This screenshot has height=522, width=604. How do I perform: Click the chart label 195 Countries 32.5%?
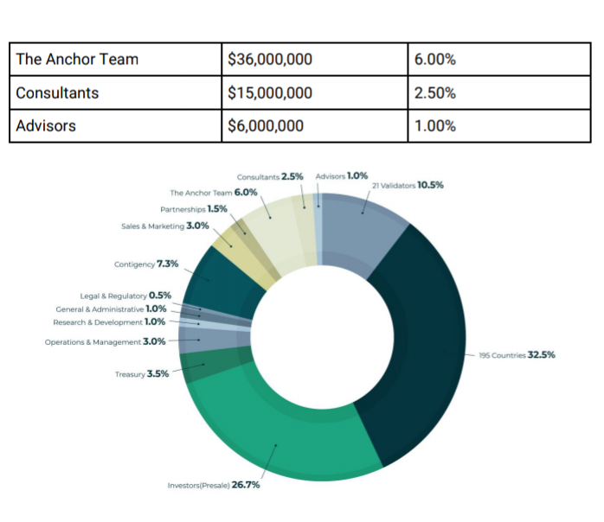[x=517, y=354]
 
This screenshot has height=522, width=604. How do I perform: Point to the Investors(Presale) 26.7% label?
[x=214, y=485]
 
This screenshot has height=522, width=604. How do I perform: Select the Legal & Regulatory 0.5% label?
[x=125, y=296]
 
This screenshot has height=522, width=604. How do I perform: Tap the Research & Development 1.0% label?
[x=109, y=322]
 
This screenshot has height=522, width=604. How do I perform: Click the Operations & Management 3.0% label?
[x=106, y=341]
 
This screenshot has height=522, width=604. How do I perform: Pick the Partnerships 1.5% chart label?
[x=194, y=209]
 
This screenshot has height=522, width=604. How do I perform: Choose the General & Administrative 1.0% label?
[x=111, y=309]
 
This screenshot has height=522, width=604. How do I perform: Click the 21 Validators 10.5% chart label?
[x=408, y=186]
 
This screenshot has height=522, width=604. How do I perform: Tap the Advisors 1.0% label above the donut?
[x=342, y=176]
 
